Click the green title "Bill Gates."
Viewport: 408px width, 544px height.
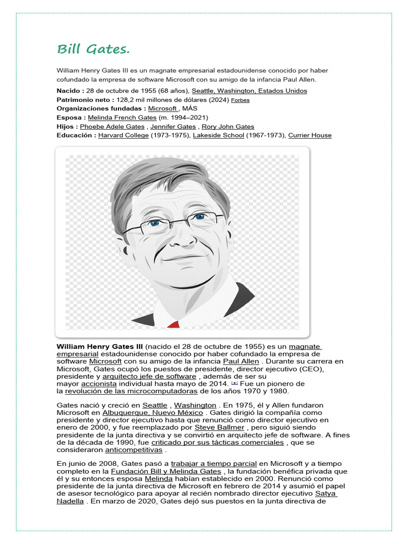click(93, 49)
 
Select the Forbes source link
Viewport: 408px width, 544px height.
click(240, 100)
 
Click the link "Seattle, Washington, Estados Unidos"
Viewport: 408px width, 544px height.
click(249, 91)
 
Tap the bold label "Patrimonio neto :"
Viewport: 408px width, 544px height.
click(85, 99)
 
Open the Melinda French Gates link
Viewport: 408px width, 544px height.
click(122, 117)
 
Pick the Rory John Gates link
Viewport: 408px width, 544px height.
click(227, 126)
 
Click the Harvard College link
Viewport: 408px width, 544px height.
click(123, 135)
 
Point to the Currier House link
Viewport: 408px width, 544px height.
click(310, 135)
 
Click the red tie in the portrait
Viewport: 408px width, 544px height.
click(173, 324)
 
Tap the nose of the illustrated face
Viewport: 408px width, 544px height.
click(183, 239)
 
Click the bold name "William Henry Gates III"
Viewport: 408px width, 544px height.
click(100, 346)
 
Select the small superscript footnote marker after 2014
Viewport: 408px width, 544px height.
click(234, 382)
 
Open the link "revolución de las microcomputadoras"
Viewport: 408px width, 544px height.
click(131, 392)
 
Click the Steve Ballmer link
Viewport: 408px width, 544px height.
click(219, 427)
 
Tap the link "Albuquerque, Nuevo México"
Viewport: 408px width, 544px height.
click(152, 413)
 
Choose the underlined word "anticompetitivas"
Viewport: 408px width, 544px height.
click(134, 450)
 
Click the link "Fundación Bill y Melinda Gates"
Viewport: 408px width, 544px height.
click(166, 471)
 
